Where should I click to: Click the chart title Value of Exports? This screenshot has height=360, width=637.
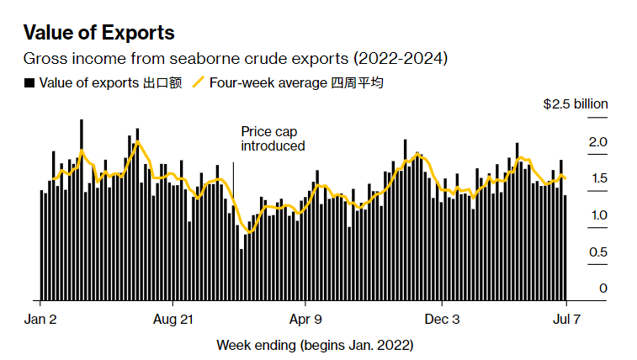pyautogui.click(x=98, y=33)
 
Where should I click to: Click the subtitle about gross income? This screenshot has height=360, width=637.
pyautogui.click(x=235, y=59)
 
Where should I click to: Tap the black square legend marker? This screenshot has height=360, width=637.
pyautogui.click(x=29, y=82)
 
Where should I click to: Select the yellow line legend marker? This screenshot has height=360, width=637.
pyautogui.click(x=199, y=82)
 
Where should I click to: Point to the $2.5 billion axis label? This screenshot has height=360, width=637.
pyautogui.click(x=575, y=104)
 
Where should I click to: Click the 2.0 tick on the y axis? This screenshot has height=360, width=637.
pyautogui.click(x=597, y=141)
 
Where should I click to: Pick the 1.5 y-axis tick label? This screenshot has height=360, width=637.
pyautogui.click(x=597, y=178)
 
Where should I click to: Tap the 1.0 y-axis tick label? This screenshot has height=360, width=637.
pyautogui.click(x=597, y=215)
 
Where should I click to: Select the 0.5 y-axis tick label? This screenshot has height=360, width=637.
pyautogui.click(x=597, y=252)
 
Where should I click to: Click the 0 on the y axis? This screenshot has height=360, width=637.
pyautogui.click(x=602, y=289)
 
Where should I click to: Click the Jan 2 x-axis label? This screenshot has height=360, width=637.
pyautogui.click(x=40, y=320)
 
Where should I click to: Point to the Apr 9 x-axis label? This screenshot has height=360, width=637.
pyautogui.click(x=305, y=320)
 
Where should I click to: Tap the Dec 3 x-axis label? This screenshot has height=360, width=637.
pyautogui.click(x=443, y=320)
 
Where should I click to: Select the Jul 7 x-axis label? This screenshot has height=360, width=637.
pyautogui.click(x=566, y=320)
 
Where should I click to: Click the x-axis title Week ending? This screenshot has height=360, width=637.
pyautogui.click(x=316, y=345)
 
